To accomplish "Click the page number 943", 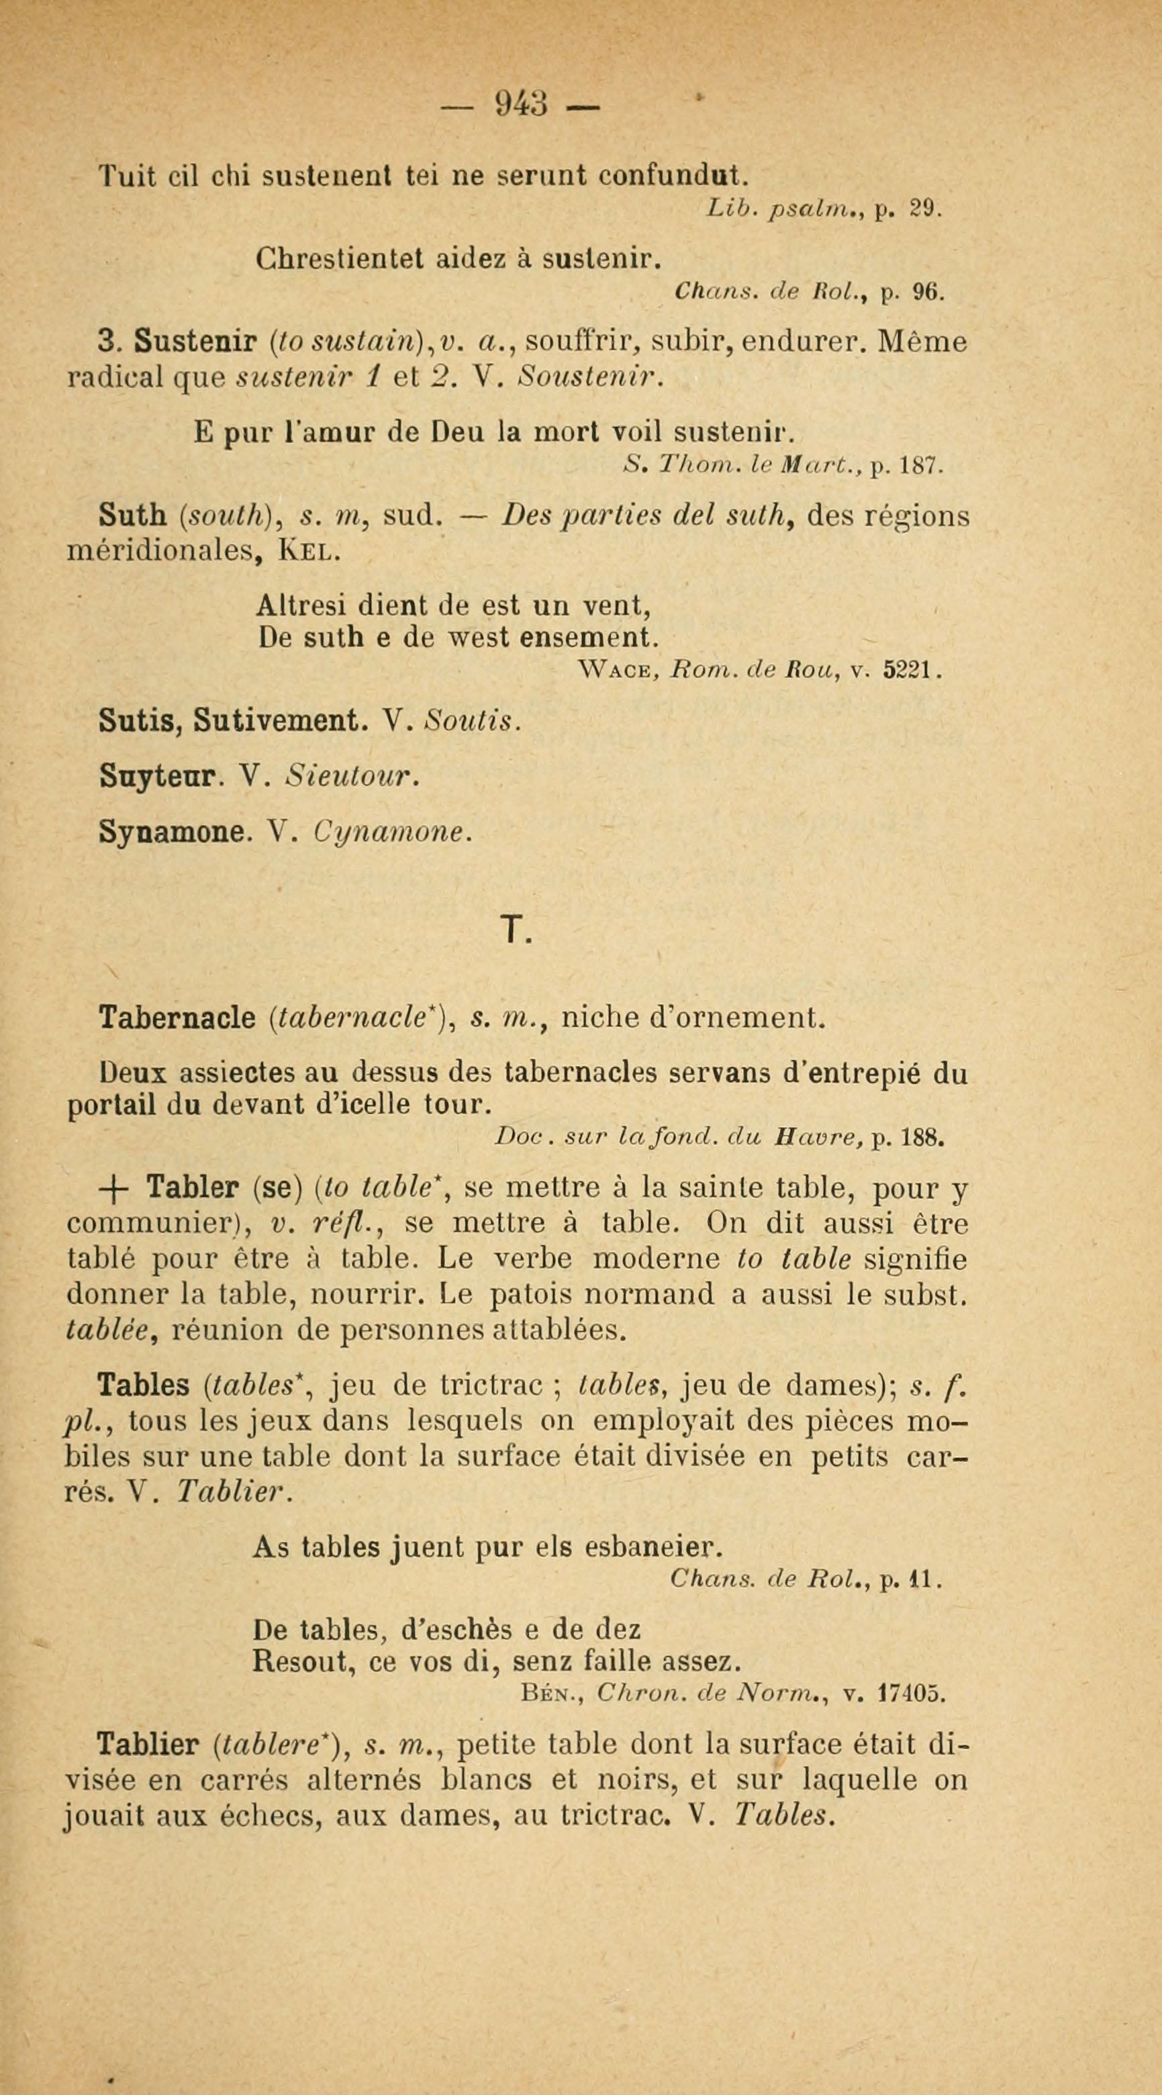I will (521, 104).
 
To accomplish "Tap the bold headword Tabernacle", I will (177, 1018).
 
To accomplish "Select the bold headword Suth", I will (131, 515).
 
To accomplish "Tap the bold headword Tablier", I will (147, 1745).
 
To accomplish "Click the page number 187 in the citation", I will (919, 467).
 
